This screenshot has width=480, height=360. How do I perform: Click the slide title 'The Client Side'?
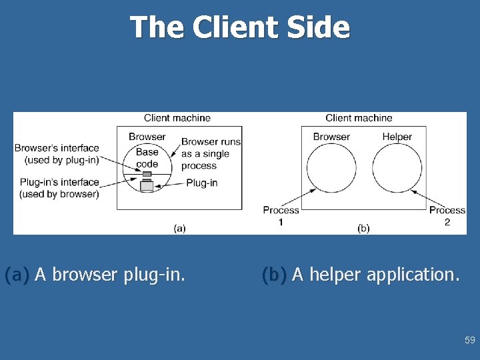(x=239, y=28)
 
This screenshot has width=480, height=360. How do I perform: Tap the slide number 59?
(x=470, y=341)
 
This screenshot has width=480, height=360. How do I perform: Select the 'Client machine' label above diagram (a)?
(x=177, y=118)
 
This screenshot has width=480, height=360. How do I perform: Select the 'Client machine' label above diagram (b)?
(x=359, y=118)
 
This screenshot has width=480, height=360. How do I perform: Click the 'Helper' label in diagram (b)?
(x=397, y=137)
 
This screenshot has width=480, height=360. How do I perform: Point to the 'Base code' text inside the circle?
(x=147, y=158)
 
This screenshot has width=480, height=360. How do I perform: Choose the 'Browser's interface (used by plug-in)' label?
(x=57, y=154)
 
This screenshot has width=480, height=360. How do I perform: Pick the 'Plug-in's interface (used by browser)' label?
(x=59, y=188)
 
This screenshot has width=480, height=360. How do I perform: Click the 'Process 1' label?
(x=281, y=215)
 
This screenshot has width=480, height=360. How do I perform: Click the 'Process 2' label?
(x=447, y=215)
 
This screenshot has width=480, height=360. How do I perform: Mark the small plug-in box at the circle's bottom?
(x=147, y=185)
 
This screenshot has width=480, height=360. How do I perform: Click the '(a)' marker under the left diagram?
(x=179, y=228)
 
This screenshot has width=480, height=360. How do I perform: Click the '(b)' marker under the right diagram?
(x=363, y=228)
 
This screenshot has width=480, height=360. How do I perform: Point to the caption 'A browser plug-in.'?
(x=110, y=274)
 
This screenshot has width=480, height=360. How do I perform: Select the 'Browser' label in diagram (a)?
(x=147, y=137)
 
